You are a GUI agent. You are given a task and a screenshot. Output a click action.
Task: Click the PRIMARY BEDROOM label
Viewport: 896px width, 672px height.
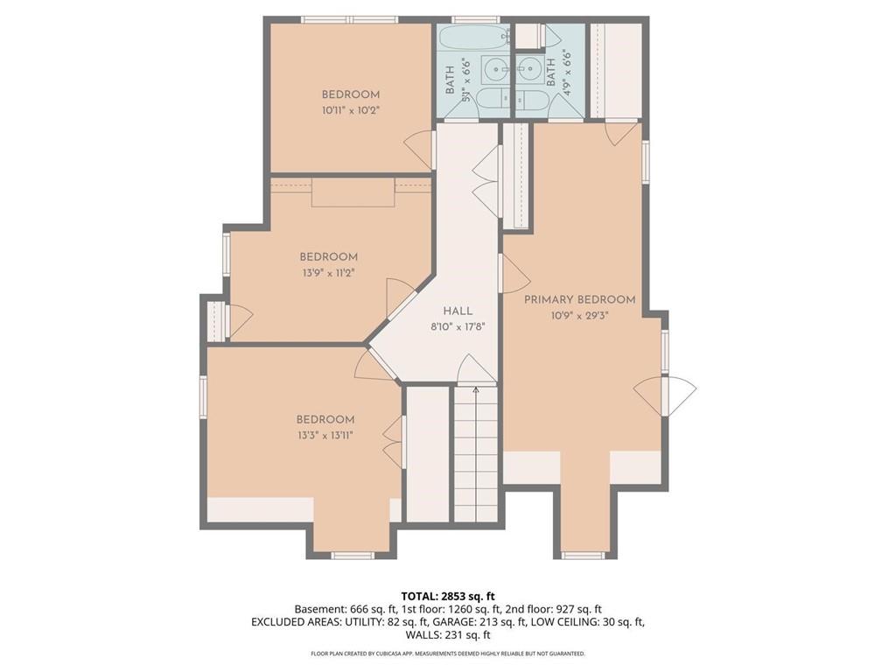click(x=579, y=299)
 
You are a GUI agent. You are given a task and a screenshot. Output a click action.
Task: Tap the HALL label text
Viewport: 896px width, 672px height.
click(x=458, y=311)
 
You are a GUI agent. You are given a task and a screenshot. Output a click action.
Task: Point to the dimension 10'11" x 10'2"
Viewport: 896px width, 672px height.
click(x=350, y=110)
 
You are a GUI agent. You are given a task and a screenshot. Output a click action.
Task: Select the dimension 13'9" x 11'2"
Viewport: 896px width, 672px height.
click(x=328, y=272)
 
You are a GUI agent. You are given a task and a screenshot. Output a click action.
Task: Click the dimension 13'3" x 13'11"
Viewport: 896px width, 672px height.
click(x=325, y=435)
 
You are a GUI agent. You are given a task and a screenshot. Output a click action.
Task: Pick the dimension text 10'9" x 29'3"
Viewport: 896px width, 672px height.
click(x=579, y=315)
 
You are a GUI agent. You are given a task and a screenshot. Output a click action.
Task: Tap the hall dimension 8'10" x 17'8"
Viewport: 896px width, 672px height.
click(x=458, y=326)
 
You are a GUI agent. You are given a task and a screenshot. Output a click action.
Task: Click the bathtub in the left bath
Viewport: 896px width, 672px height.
click(x=472, y=38)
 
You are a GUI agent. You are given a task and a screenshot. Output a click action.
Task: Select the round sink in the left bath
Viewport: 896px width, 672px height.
click(x=498, y=66)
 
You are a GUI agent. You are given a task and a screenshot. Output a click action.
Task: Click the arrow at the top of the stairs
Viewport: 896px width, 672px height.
click(x=476, y=389)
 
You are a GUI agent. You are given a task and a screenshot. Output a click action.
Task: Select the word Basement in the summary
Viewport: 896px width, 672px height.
click(x=316, y=609)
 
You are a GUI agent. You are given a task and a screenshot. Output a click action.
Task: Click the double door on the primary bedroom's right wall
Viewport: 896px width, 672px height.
click(x=665, y=395)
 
